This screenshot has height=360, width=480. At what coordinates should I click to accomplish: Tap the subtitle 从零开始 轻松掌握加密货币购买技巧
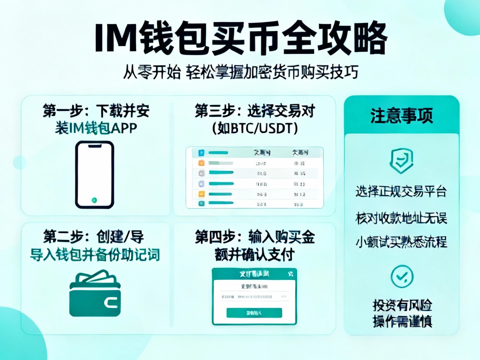(240, 72)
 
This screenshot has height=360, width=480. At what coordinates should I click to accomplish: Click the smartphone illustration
(95, 174)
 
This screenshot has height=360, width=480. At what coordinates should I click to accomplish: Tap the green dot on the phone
(95, 200)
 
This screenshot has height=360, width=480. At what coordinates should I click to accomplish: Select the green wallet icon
(95, 294)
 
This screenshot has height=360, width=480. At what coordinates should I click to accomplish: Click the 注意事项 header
(402, 115)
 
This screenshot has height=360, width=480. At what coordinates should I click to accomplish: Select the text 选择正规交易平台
(401, 191)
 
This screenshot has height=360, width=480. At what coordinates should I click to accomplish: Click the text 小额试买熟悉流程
(401, 242)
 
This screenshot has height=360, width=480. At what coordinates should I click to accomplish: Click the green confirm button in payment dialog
(254, 313)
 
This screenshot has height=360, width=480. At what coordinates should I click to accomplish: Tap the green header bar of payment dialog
(254, 274)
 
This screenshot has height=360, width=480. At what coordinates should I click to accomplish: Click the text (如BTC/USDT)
(255, 128)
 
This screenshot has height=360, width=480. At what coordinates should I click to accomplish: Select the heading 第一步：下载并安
(96, 111)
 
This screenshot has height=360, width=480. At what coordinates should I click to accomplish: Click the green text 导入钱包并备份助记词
(95, 254)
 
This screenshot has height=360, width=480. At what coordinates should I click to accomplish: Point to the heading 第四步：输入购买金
(255, 237)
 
